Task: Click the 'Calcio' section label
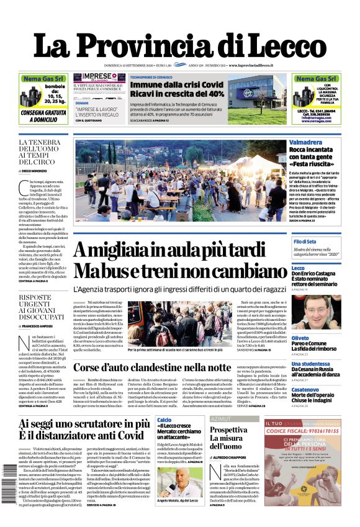tap(164, 420)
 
